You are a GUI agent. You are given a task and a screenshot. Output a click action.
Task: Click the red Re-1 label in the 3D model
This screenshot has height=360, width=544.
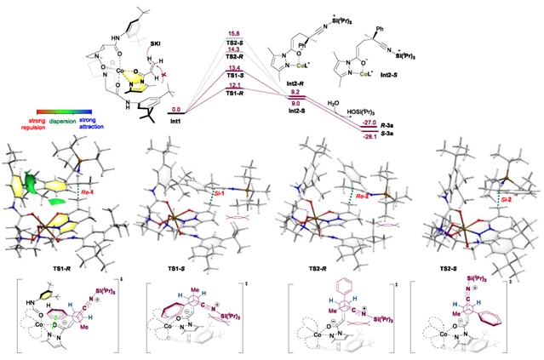click(x=85, y=193)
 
